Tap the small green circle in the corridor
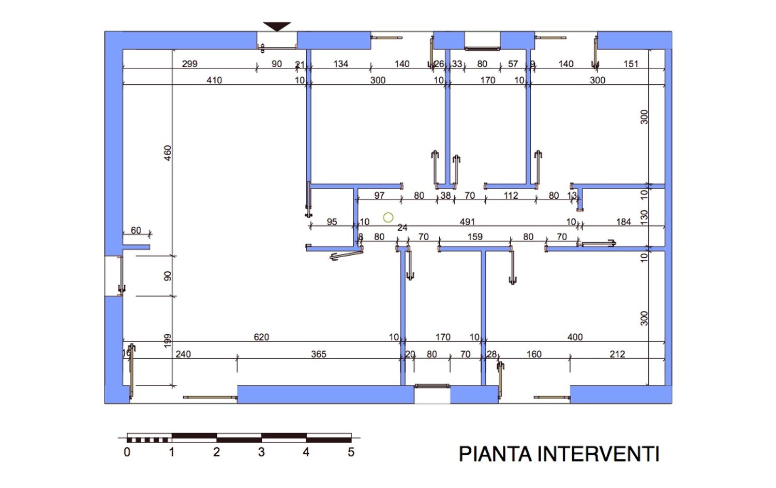click(388, 218)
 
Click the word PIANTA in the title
click(495, 454)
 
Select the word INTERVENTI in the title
click(599, 454)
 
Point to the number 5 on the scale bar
click(351, 452)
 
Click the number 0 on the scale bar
click(127, 452)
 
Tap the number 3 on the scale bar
click(261, 452)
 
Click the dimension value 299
click(189, 64)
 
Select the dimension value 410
click(214, 80)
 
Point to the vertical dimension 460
click(168, 153)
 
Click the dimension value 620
click(261, 337)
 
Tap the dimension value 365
click(319, 354)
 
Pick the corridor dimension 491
click(467, 221)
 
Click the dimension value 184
click(623, 221)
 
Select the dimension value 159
click(475, 236)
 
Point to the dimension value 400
click(575, 337)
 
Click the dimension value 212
click(617, 354)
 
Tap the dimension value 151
click(631, 64)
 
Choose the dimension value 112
click(511, 195)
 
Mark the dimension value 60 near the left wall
click(136, 230)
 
